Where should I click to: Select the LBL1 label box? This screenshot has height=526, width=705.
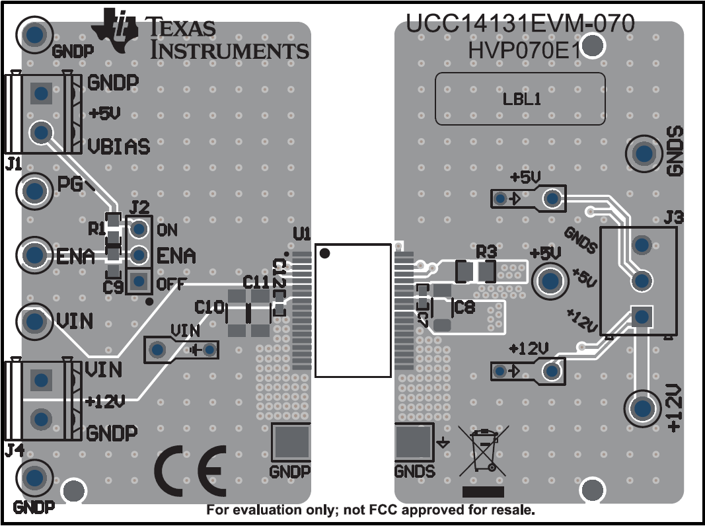click(520, 99)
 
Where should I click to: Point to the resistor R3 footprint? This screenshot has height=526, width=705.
click(476, 271)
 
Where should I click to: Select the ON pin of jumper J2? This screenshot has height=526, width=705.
click(139, 229)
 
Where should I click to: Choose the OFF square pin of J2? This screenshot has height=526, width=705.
click(139, 282)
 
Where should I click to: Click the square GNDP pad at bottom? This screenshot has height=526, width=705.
click(291, 443)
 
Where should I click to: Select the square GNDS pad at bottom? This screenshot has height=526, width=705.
click(414, 443)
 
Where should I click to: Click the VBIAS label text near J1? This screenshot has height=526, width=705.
click(119, 146)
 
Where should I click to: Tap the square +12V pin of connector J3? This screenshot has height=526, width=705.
click(640, 317)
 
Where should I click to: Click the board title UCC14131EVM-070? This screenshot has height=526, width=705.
click(520, 24)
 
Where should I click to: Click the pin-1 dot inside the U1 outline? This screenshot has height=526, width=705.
click(325, 252)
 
